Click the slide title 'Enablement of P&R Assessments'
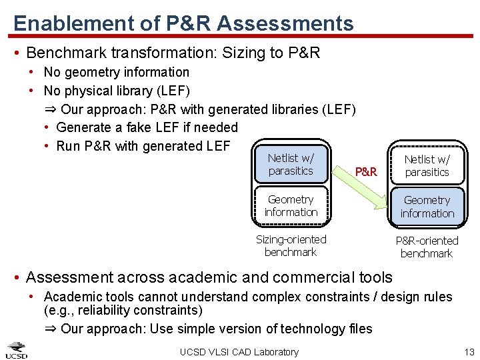[x=183, y=24]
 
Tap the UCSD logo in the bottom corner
[x=17, y=350]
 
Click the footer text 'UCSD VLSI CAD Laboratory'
[x=239, y=351]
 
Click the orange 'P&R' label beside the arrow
[x=366, y=171]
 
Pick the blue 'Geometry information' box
[x=427, y=207]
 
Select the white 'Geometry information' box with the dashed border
[x=291, y=205]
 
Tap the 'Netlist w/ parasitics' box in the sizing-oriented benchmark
[x=291, y=165]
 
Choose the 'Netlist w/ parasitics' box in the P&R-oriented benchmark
[x=427, y=165]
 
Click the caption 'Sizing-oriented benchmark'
[x=291, y=245]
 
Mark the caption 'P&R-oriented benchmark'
[x=427, y=247]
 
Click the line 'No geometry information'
[x=116, y=72]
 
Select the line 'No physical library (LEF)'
[x=117, y=90]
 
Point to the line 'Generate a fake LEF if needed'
[x=147, y=127]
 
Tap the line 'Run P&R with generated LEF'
[x=143, y=145]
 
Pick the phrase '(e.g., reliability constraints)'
[x=123, y=310]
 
